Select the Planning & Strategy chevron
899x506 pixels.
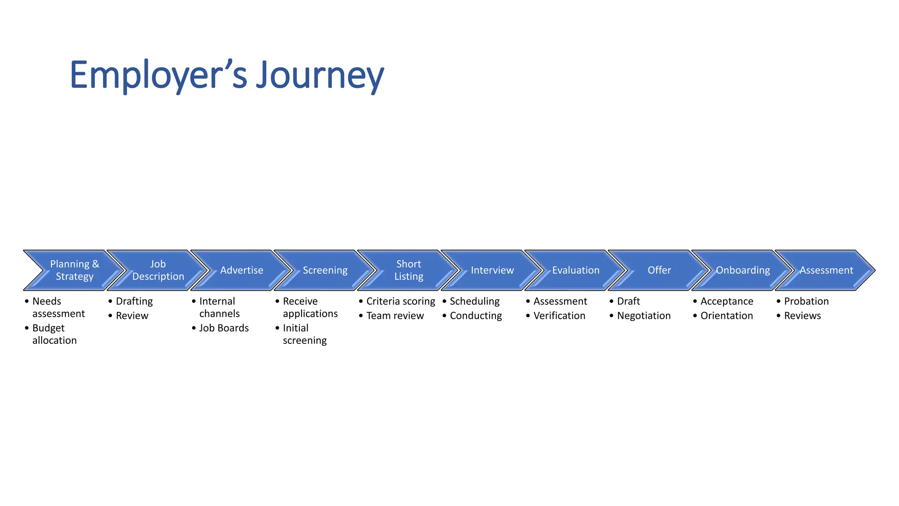pos(75,270)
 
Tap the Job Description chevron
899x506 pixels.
pos(158,270)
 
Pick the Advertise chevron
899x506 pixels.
pos(241,270)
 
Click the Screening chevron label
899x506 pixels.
pos(325,270)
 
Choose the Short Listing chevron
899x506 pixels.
pos(409,270)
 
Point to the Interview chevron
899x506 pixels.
pos(492,270)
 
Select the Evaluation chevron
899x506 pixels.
pos(575,270)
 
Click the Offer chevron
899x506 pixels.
pos(659,270)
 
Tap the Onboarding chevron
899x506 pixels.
pos(743,270)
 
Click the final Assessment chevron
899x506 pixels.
pos(826,270)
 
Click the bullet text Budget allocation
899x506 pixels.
pos(54,334)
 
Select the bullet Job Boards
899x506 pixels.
pos(224,328)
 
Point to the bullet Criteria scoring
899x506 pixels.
pos(400,301)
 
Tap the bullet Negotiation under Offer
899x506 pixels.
pos(644,316)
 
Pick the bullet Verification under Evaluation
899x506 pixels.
pos(559,316)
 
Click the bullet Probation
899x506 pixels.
pos(806,301)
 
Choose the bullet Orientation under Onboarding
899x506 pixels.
pos(726,316)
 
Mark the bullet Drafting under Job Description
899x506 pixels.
pos(134,301)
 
